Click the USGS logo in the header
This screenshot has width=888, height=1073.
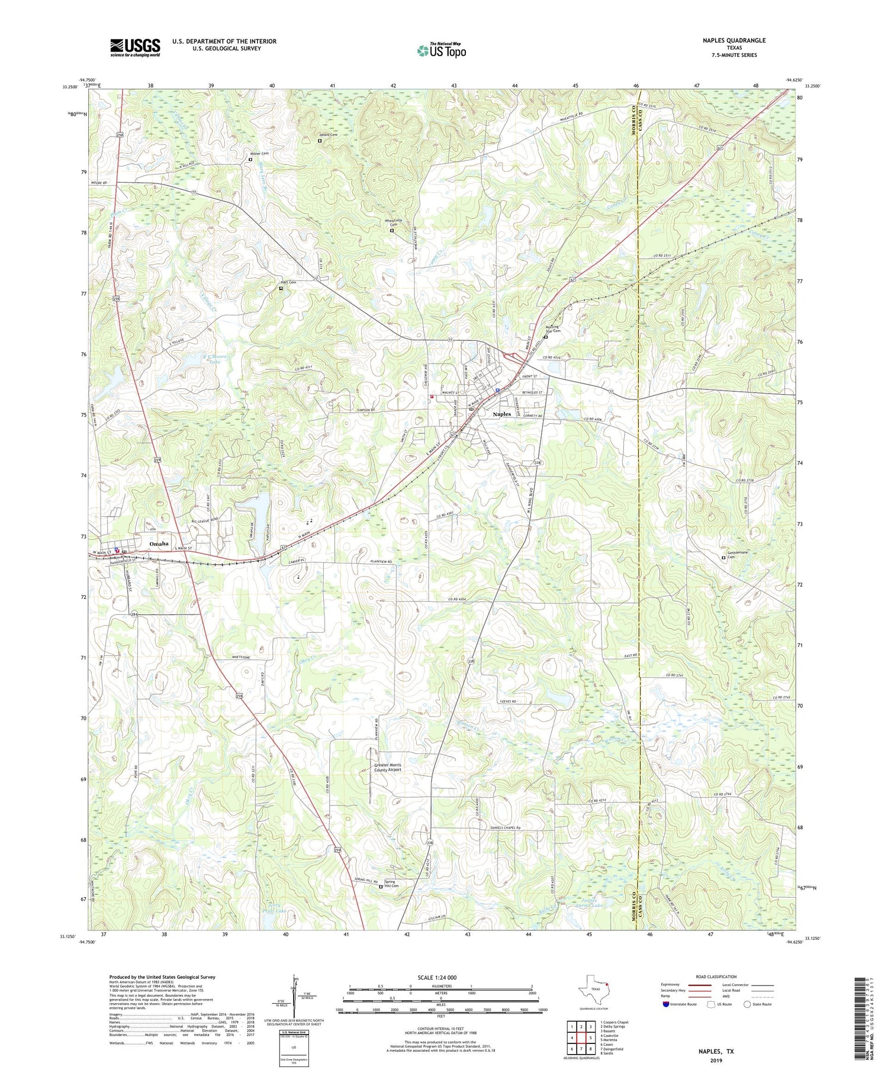pyautogui.click(x=135, y=47)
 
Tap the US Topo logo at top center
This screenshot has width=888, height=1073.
pyautogui.click(x=441, y=50)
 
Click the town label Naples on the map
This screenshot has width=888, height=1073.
pyautogui.click(x=502, y=414)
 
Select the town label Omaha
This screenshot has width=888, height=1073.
pyautogui.click(x=159, y=543)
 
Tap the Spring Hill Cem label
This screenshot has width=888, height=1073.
pyautogui.click(x=392, y=885)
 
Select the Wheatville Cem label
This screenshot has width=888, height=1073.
pyautogui.click(x=394, y=223)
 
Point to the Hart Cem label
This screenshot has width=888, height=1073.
pyautogui.click(x=288, y=283)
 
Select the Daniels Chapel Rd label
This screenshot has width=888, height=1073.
pyautogui.click(x=502, y=828)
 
